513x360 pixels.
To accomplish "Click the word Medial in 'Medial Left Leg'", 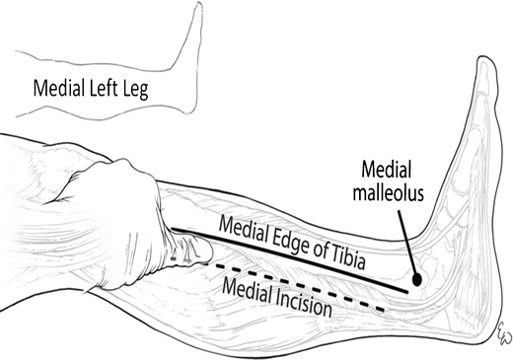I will click(60, 89).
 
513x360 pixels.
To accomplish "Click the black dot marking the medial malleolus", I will click(418, 279).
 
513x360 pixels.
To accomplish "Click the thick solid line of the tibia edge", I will click(296, 260).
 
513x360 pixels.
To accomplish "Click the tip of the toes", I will click(485, 61).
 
